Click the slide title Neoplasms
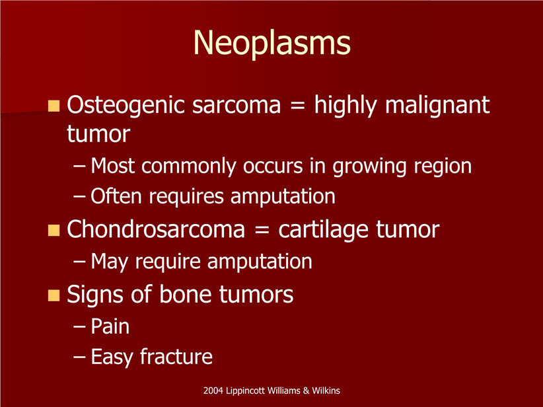272,44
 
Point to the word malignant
437,106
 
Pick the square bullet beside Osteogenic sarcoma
54,106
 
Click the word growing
369,167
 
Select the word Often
116,196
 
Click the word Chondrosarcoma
156,229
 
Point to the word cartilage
323,231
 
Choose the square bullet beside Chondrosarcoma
54,230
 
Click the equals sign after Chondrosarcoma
262,231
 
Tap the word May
109,262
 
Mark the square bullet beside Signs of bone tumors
54,295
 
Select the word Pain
110,326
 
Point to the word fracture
176,357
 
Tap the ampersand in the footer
306,391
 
